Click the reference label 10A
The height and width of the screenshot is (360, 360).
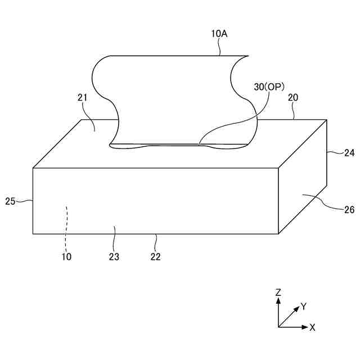[x=219, y=34]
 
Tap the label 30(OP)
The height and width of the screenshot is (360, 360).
[x=269, y=87]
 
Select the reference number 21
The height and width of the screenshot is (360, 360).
[x=83, y=97]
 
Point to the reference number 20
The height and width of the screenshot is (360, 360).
[x=293, y=97]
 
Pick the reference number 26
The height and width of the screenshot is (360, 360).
[x=349, y=210]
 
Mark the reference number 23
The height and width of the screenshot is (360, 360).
[x=114, y=256]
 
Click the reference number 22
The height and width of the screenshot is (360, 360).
[x=156, y=256]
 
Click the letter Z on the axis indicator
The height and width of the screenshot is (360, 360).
[x=278, y=292]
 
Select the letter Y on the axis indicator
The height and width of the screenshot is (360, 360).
[x=303, y=307]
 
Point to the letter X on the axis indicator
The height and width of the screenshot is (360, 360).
[x=312, y=327]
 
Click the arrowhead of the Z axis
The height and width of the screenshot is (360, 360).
[x=278, y=300]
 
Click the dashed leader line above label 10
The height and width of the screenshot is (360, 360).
[x=66, y=225]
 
